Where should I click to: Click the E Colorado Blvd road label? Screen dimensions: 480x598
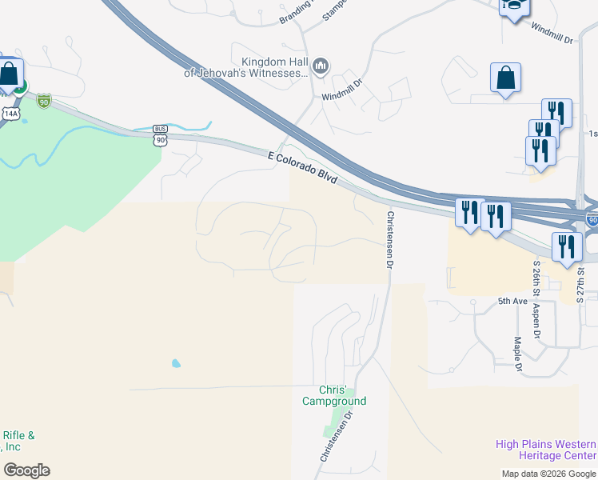click(x=303, y=169)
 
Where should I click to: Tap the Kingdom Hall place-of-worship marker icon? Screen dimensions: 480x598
click(x=321, y=66)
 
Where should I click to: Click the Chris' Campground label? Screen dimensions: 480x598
click(x=334, y=395)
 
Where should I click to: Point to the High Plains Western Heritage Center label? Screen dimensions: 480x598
click(x=545, y=450)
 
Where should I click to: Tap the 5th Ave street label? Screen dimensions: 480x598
click(x=512, y=302)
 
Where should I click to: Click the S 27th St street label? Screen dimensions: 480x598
click(x=582, y=281)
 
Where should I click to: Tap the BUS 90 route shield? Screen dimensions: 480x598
click(x=160, y=134)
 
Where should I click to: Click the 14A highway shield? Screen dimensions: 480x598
click(x=10, y=114)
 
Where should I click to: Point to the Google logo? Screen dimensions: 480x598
click(x=26, y=470)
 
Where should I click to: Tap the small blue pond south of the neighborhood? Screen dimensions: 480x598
click(x=175, y=364)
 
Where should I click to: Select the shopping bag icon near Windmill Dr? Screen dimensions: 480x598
click(x=505, y=78)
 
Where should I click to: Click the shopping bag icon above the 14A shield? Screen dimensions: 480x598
click(x=9, y=74)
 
